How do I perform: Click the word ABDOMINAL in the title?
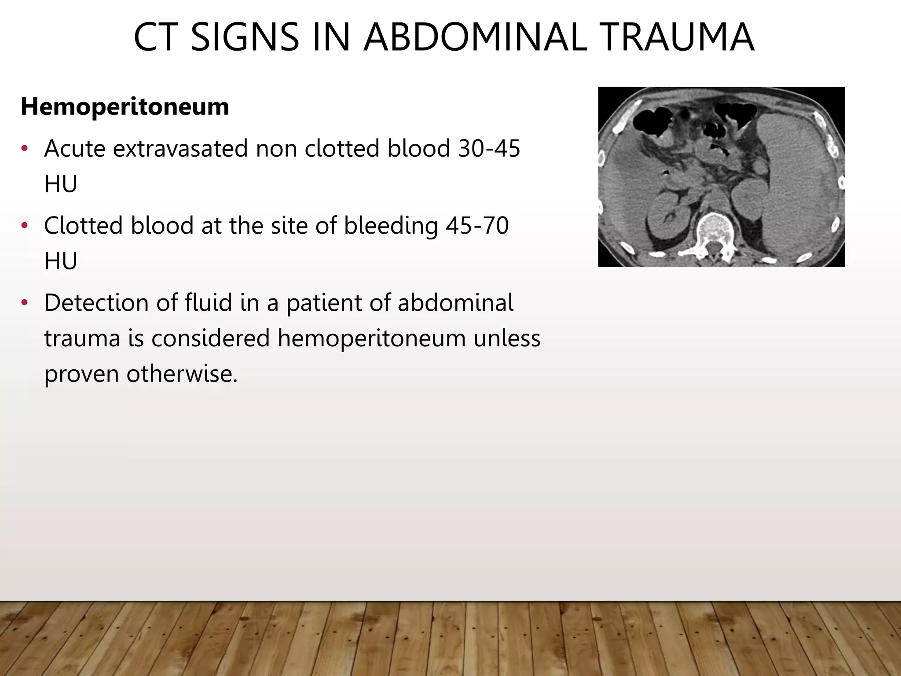click(476, 37)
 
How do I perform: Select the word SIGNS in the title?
click(245, 37)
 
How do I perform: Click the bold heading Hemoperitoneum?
click(125, 107)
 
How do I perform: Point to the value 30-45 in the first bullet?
click(489, 148)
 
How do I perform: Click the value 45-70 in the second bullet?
click(477, 225)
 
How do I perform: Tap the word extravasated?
click(181, 148)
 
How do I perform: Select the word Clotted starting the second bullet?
click(84, 225)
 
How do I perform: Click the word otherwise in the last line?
click(181, 374)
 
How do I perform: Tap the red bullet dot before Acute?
click(25, 149)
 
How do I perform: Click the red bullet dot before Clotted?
click(25, 226)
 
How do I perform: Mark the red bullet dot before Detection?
click(25, 303)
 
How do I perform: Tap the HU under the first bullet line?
click(61, 184)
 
